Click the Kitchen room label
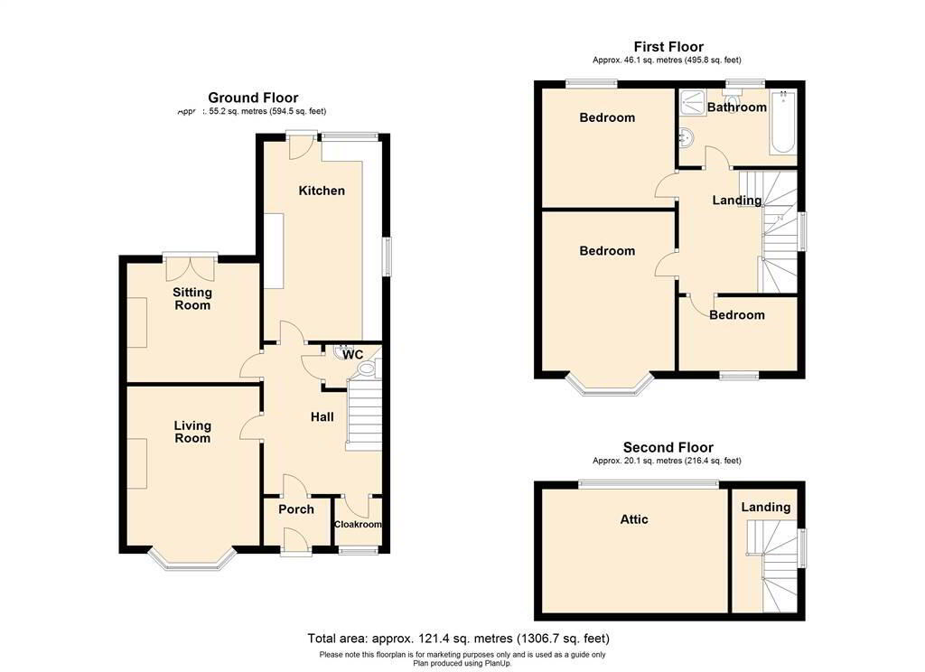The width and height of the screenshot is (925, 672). [322, 191]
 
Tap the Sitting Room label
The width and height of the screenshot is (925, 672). [192, 299]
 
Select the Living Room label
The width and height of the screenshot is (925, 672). [192, 432]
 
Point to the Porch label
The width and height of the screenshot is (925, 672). [295, 509]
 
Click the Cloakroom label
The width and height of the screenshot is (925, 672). [358, 525]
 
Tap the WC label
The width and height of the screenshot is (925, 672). [352, 355]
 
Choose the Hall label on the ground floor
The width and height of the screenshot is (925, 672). [322, 417]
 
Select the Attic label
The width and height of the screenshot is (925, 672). [633, 519]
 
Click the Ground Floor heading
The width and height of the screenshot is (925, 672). [253, 98]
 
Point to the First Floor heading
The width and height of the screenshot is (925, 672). [668, 47]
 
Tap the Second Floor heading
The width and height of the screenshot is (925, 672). [668, 447]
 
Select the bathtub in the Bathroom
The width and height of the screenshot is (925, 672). [782, 123]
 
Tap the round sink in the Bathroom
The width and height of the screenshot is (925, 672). [687, 138]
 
